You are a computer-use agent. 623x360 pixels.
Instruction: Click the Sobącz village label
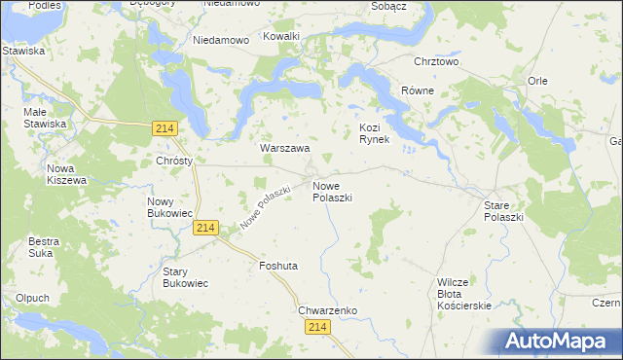coord(387,6)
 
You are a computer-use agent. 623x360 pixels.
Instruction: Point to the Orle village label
coord(537,81)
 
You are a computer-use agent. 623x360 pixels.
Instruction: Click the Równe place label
coord(418,90)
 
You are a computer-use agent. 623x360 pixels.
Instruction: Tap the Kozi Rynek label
coord(375,133)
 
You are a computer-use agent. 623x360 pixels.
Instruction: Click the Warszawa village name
coord(284,149)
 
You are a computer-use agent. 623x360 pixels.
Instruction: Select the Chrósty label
coord(174,161)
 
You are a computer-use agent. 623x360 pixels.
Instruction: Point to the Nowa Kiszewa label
coord(67,174)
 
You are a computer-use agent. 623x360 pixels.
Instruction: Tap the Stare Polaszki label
coord(504,211)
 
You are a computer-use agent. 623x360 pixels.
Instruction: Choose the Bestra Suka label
coord(44,247)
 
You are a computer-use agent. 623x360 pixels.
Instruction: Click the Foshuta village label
coord(278,266)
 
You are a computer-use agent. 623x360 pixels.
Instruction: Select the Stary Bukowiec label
coord(185,277)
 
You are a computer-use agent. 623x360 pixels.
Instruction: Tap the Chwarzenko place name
coord(328,310)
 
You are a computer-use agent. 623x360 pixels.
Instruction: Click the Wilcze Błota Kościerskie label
coord(464,294)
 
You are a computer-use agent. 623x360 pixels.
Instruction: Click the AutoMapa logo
coord(555,342)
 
